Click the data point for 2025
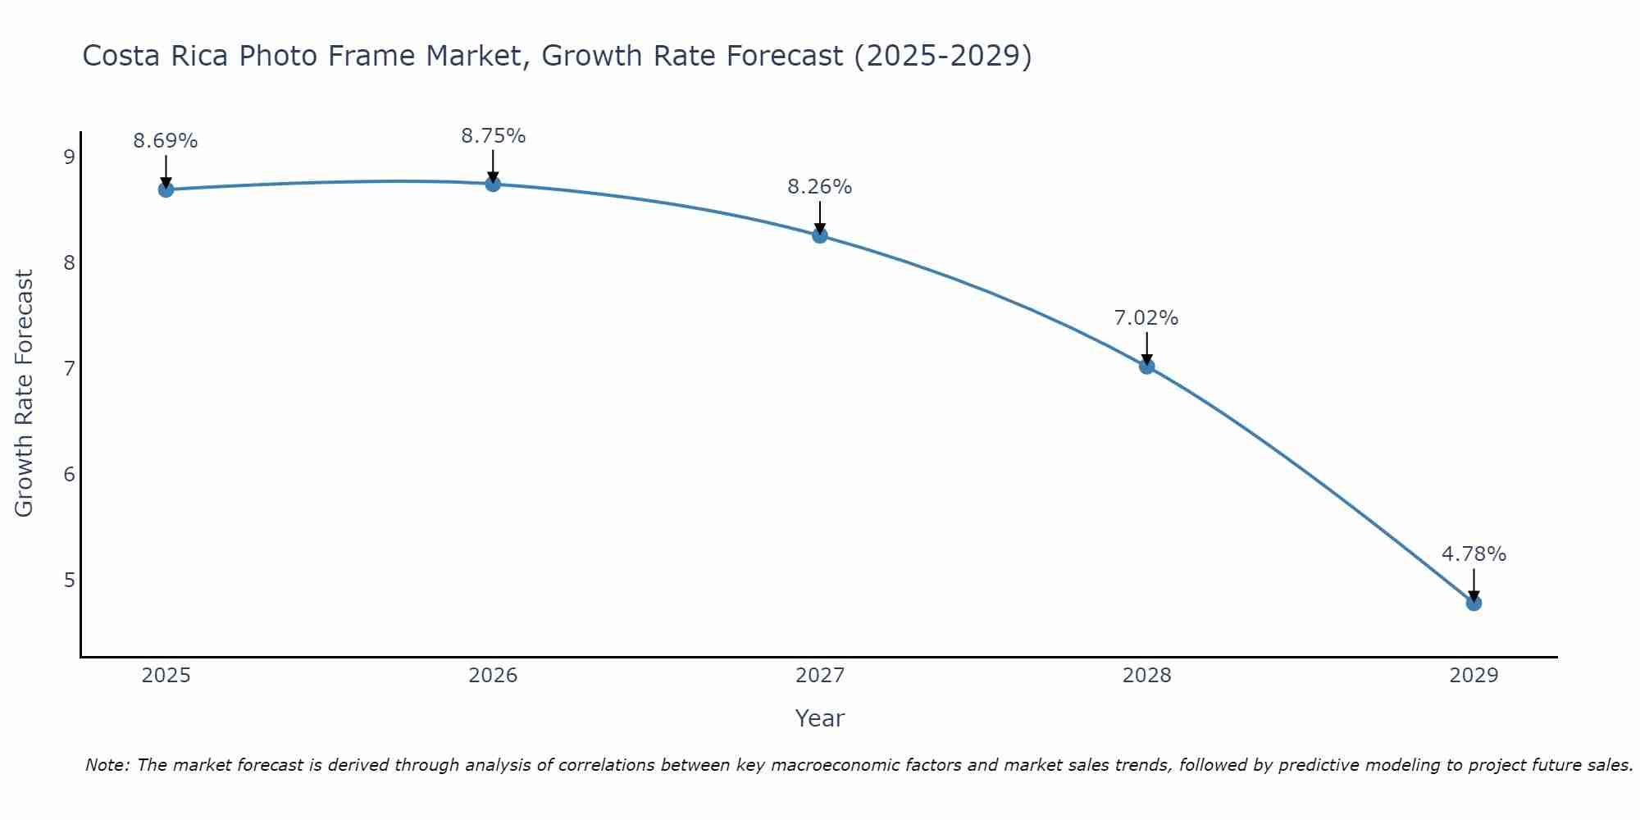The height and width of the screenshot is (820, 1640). click(166, 189)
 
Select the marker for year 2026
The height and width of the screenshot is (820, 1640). click(493, 184)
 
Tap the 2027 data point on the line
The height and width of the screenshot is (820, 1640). click(820, 235)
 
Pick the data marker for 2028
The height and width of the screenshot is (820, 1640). click(1146, 366)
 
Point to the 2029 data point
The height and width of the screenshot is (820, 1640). click(1474, 603)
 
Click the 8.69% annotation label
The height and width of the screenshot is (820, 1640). click(166, 141)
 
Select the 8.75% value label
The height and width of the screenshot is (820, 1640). click(493, 136)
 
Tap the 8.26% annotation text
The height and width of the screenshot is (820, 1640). click(820, 187)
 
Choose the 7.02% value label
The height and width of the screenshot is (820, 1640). click(1146, 318)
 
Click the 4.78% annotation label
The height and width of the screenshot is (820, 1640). click(1474, 554)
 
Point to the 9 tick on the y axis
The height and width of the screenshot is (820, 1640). click(69, 157)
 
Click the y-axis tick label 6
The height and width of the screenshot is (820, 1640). click(69, 474)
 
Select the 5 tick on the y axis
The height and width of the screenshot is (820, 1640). click(69, 580)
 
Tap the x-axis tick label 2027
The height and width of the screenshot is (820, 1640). click(820, 676)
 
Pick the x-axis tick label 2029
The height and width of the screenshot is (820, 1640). click(1474, 676)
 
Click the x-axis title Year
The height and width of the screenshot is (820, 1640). click(820, 718)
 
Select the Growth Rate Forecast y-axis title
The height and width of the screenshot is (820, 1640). click(25, 394)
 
